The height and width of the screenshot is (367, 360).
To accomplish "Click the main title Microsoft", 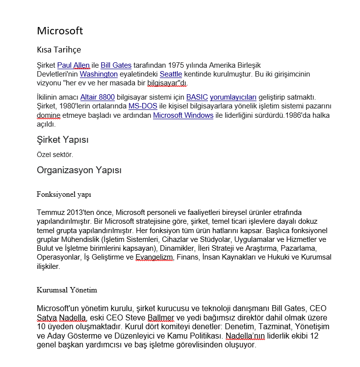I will click(x=60, y=31).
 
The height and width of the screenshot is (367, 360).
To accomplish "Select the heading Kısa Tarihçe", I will click(x=59, y=50).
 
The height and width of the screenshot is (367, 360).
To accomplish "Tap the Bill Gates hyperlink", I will click(x=116, y=65).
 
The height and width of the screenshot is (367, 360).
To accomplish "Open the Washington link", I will click(x=99, y=74).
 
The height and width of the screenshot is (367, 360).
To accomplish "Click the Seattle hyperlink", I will click(x=171, y=74).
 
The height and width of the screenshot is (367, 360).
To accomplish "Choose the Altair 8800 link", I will click(x=97, y=97).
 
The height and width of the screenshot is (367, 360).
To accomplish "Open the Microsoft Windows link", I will click(x=183, y=115).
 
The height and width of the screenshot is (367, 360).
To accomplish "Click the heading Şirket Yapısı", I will click(x=62, y=140).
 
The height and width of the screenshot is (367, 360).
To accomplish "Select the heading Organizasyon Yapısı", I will click(x=79, y=170).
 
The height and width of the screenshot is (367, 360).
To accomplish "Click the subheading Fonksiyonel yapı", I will click(x=64, y=194).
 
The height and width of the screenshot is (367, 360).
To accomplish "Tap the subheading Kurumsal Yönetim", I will click(x=67, y=290).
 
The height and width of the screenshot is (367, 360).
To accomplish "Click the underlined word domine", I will click(x=49, y=115).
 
